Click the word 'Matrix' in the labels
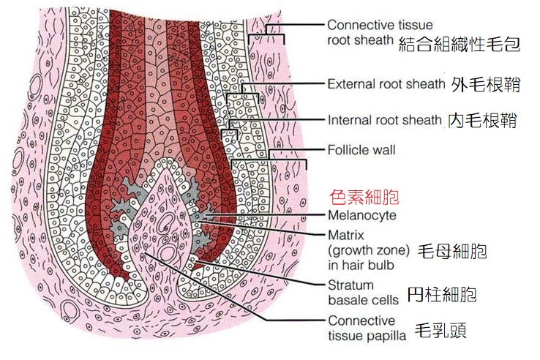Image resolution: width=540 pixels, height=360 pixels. click(345, 235)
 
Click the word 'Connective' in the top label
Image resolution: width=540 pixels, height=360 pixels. click(359, 25)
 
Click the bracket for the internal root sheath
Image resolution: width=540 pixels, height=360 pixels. click(230, 127)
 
